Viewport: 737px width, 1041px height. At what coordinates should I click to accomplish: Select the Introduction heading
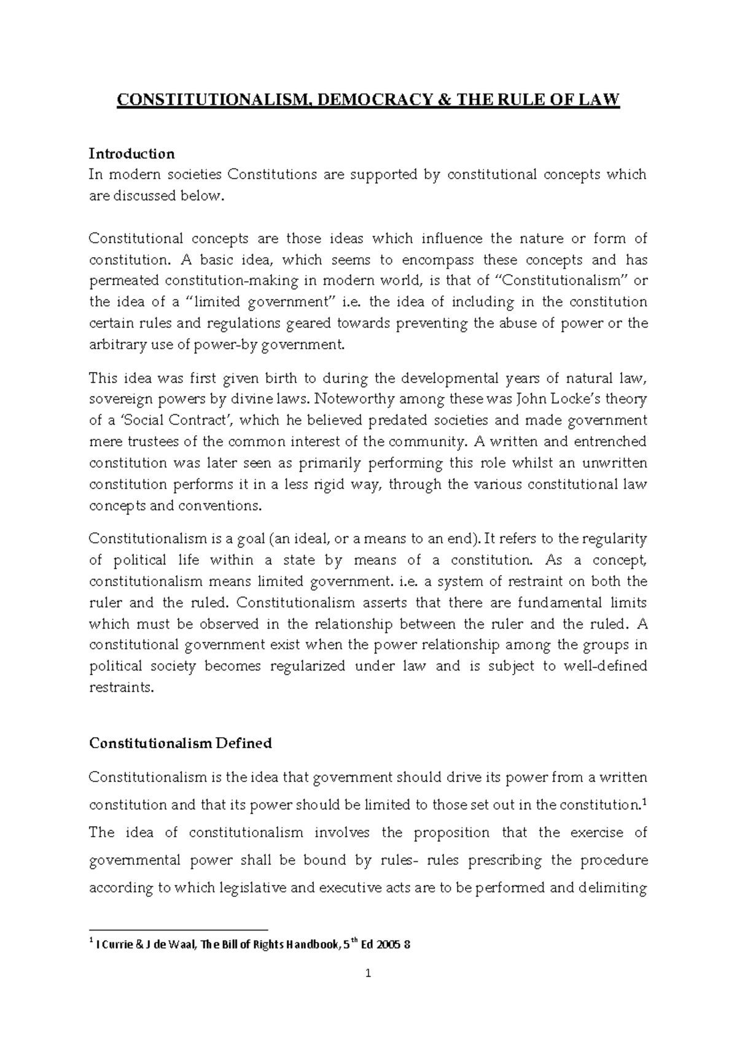click(x=131, y=153)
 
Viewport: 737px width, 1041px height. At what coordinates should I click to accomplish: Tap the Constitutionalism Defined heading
click(x=180, y=743)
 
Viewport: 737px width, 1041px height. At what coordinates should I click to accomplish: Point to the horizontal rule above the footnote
click(x=179, y=929)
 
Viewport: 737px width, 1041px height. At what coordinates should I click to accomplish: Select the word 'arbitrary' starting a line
click(x=117, y=345)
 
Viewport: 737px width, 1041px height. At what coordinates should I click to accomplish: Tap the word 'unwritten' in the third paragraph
click(x=613, y=463)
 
